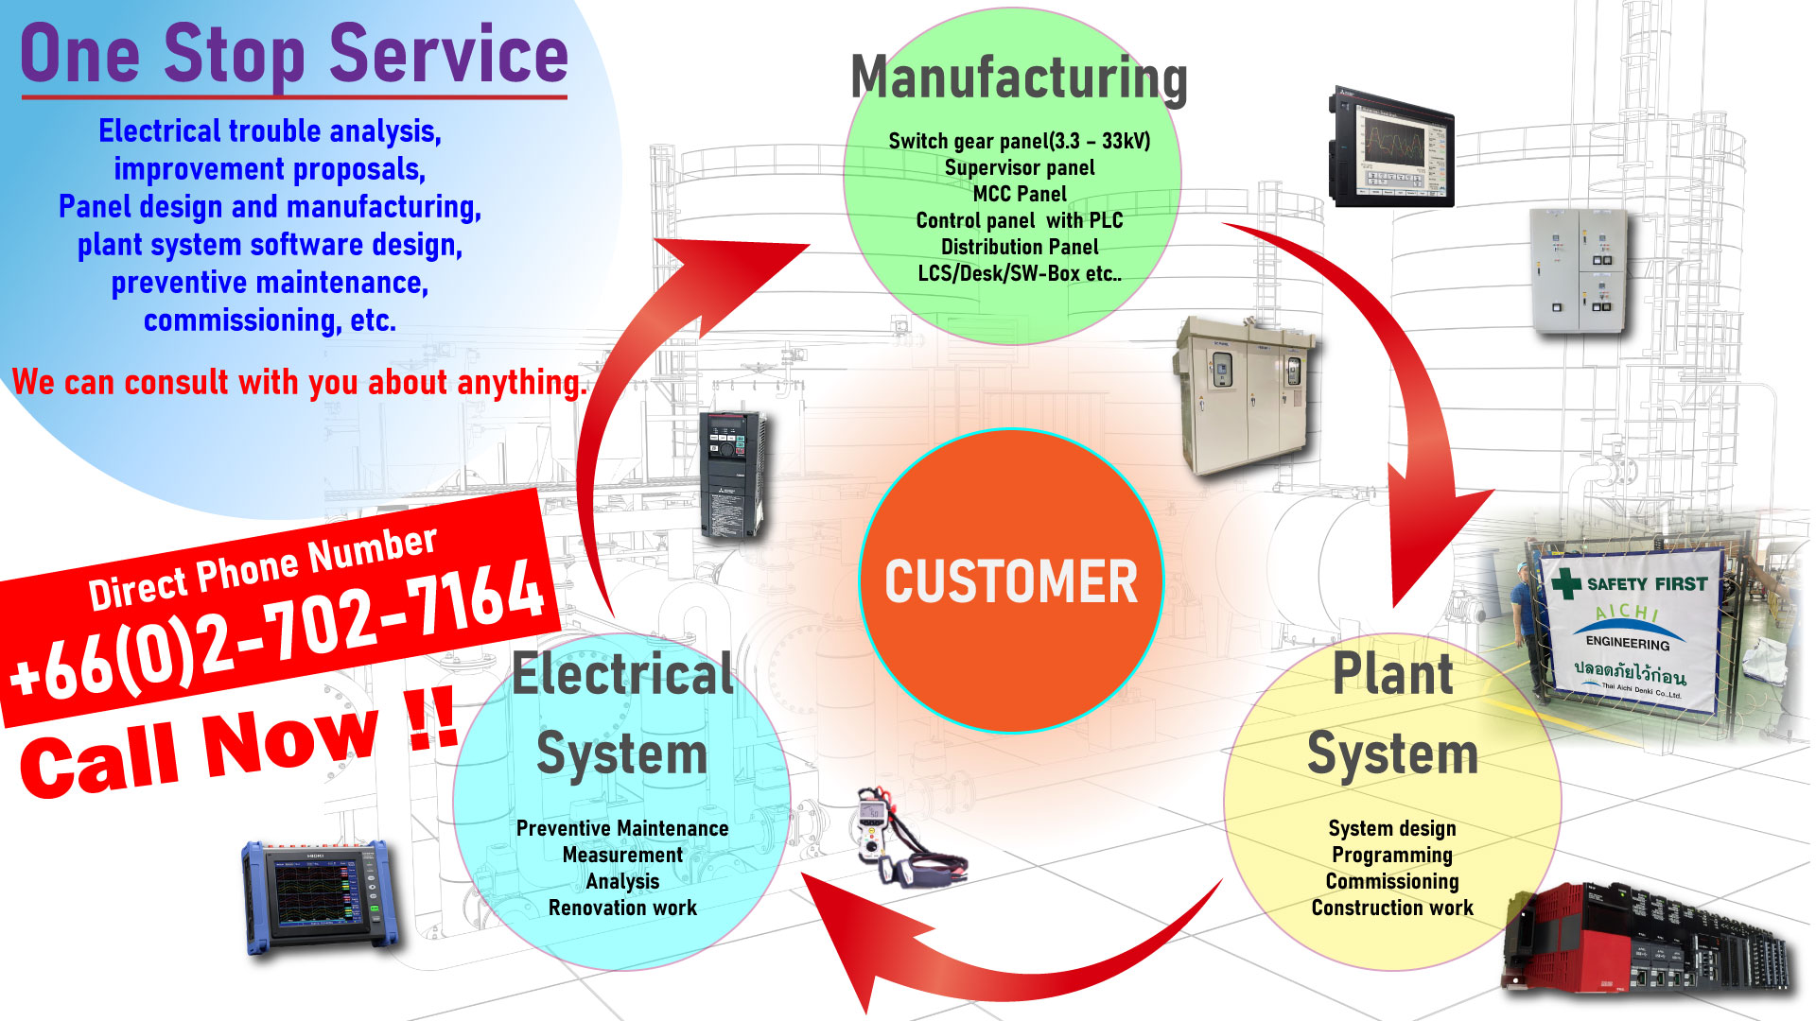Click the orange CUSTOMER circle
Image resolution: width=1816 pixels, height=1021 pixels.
pyautogui.click(x=1010, y=580)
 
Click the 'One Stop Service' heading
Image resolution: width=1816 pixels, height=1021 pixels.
pyautogui.click(x=294, y=55)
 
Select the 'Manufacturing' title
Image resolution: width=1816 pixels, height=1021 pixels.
pyautogui.click(x=1019, y=78)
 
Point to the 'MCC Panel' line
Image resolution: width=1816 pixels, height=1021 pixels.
pyautogui.click(x=1019, y=194)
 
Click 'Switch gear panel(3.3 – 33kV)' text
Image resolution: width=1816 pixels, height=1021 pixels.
pyautogui.click(x=1019, y=141)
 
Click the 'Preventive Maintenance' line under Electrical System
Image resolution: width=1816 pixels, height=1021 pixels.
pyautogui.click(x=621, y=828)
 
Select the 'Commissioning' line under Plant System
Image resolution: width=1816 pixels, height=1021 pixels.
pyautogui.click(x=1391, y=881)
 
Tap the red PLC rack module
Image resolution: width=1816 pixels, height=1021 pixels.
pyautogui.click(x=1646, y=941)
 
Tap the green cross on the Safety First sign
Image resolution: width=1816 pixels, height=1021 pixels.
pyautogui.click(x=1565, y=582)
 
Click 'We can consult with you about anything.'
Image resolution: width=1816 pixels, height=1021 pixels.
pyautogui.click(x=299, y=382)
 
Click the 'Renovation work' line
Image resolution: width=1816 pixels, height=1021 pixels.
pyautogui.click(x=621, y=908)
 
